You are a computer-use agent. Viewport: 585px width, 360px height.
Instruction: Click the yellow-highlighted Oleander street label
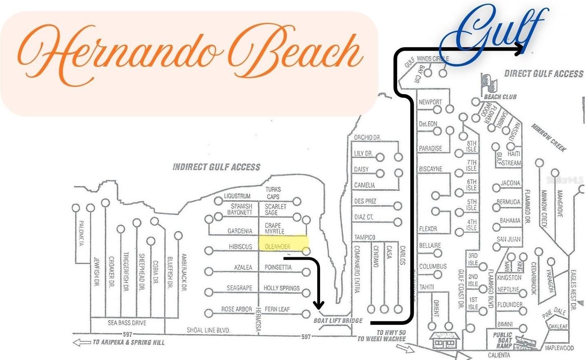tap(278, 247)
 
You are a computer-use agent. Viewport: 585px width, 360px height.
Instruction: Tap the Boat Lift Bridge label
tap(338, 320)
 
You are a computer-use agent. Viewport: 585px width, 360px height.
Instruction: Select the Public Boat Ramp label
tap(503, 340)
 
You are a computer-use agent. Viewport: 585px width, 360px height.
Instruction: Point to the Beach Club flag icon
tap(488, 84)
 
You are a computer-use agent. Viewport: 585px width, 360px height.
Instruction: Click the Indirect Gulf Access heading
tap(216, 167)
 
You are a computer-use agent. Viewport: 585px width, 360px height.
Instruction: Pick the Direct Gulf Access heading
tap(543, 74)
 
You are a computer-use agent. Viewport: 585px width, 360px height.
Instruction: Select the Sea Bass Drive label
tap(127, 322)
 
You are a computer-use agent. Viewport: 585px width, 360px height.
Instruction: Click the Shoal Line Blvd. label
tap(208, 330)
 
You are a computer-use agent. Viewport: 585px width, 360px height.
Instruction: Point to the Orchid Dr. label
tap(367, 137)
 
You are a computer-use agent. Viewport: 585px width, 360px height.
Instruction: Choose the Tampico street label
tap(364, 237)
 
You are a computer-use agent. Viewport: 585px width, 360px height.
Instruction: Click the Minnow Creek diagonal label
tap(549, 138)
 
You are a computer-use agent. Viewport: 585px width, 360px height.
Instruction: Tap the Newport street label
tap(430, 102)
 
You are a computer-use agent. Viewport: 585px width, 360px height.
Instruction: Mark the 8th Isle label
tap(471, 146)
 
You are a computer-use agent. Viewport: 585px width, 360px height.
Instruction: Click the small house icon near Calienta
tap(444, 340)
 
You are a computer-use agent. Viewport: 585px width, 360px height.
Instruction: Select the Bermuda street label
tap(509, 202)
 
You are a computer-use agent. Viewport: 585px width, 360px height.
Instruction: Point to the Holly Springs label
tap(281, 288)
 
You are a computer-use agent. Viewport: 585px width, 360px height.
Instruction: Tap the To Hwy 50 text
tap(391, 332)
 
